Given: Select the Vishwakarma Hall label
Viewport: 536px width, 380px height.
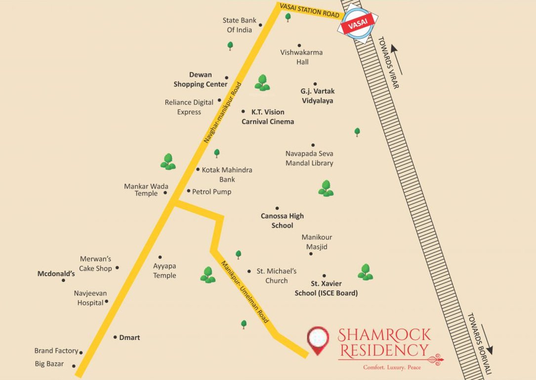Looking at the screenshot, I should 295,57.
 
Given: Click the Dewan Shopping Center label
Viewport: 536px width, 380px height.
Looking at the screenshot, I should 201,80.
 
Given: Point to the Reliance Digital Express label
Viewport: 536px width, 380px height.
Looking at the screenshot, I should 189,107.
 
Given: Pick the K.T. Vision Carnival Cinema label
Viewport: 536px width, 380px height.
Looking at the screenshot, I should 268,117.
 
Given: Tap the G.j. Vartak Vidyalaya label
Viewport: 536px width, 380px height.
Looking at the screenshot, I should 318,96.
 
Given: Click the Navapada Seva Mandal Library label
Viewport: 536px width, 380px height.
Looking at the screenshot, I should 309,158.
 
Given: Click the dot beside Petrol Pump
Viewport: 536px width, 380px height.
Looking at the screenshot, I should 188,191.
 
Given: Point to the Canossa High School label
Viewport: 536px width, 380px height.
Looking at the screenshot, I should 282,221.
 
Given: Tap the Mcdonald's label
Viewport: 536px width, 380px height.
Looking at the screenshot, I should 56,273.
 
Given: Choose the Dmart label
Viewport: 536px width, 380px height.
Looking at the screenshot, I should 129,337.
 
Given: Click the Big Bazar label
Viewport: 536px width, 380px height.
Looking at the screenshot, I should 49,364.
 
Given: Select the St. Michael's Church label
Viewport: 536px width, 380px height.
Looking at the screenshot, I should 276,276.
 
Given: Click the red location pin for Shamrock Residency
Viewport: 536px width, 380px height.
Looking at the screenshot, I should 318,338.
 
